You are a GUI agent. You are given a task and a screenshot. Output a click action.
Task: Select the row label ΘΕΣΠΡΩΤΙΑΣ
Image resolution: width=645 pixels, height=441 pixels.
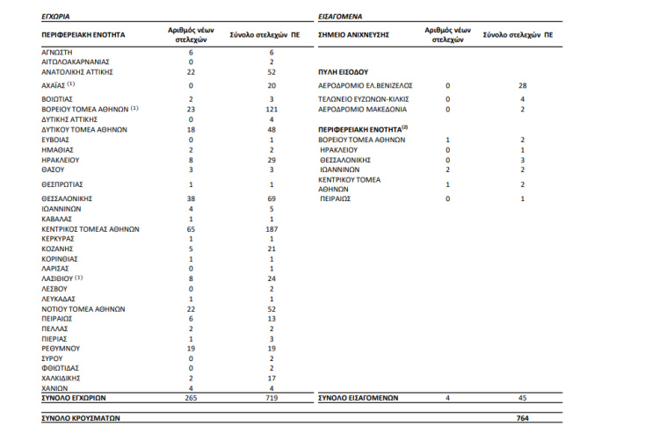point(62,184)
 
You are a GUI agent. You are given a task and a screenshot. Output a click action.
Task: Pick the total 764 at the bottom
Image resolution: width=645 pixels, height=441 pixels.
point(522,418)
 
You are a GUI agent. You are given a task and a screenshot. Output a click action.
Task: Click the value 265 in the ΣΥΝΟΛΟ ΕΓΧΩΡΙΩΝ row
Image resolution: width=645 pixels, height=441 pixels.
point(191,397)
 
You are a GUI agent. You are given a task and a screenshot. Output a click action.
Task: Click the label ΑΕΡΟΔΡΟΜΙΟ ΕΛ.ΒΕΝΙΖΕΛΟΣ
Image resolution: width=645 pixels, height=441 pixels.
point(365,86)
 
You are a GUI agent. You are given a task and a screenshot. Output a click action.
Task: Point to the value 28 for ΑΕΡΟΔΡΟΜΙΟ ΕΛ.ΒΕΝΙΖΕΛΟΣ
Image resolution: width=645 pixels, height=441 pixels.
point(522,86)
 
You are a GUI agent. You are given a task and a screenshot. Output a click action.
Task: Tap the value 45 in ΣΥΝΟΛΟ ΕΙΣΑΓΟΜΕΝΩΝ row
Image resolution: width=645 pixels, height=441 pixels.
point(522,397)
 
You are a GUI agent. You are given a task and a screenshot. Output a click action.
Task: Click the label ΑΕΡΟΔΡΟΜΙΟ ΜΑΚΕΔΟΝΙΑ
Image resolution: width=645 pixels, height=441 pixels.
point(362,109)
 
